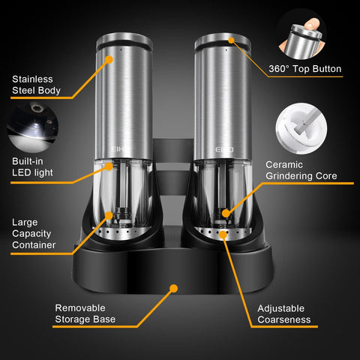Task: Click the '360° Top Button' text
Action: pos(304,69)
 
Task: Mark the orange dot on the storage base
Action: pos(174,287)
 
